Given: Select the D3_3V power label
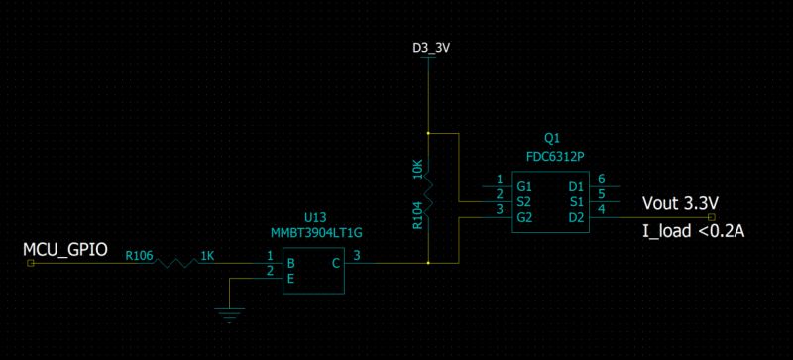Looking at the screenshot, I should tap(429, 47).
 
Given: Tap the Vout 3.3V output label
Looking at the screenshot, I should tap(680, 204).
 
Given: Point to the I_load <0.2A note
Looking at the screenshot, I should tap(692, 232).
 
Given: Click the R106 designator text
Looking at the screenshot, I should tap(138, 256).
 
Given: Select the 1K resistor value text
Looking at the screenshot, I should tap(207, 256).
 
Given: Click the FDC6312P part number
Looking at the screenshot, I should tap(552, 155).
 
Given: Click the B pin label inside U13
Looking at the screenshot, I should tap(291, 263).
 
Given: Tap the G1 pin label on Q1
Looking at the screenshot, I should tap(525, 185).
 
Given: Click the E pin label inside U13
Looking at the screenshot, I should tap(291, 279).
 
